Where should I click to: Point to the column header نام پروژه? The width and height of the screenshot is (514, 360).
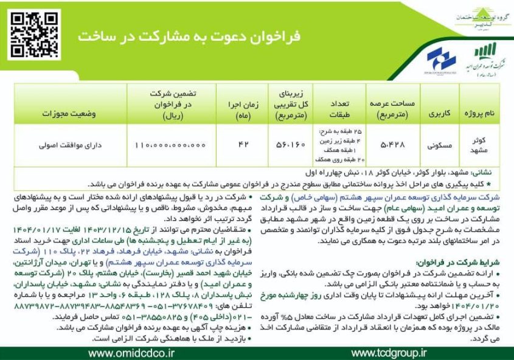[484, 114]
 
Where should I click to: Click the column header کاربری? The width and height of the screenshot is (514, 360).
[439, 114]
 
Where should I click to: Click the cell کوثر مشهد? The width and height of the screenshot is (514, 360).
[484, 144]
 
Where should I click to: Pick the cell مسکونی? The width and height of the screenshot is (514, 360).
[439, 145]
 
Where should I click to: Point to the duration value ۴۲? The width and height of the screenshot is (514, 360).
[245, 145]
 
